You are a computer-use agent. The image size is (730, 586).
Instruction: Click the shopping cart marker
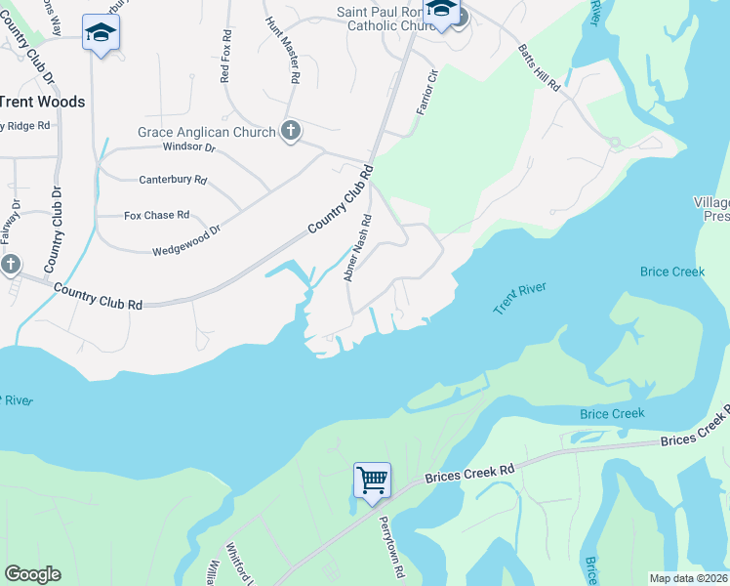click(372, 481)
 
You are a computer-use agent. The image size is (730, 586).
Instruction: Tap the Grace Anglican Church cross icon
click(290, 131)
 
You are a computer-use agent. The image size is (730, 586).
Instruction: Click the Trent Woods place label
click(41, 102)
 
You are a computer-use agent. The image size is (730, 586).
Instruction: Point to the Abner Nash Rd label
click(358, 248)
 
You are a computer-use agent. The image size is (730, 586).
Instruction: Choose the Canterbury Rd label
click(173, 180)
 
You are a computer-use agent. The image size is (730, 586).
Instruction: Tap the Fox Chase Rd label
click(156, 215)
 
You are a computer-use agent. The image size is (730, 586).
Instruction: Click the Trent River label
click(520, 297)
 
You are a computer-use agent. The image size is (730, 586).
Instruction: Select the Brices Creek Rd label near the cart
click(468, 476)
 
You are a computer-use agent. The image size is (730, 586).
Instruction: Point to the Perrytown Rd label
click(394, 540)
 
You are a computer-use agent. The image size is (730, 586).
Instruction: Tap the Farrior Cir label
click(426, 92)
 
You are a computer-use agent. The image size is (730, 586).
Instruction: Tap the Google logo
click(32, 574)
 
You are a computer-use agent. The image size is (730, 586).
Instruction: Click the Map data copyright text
click(689, 578)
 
